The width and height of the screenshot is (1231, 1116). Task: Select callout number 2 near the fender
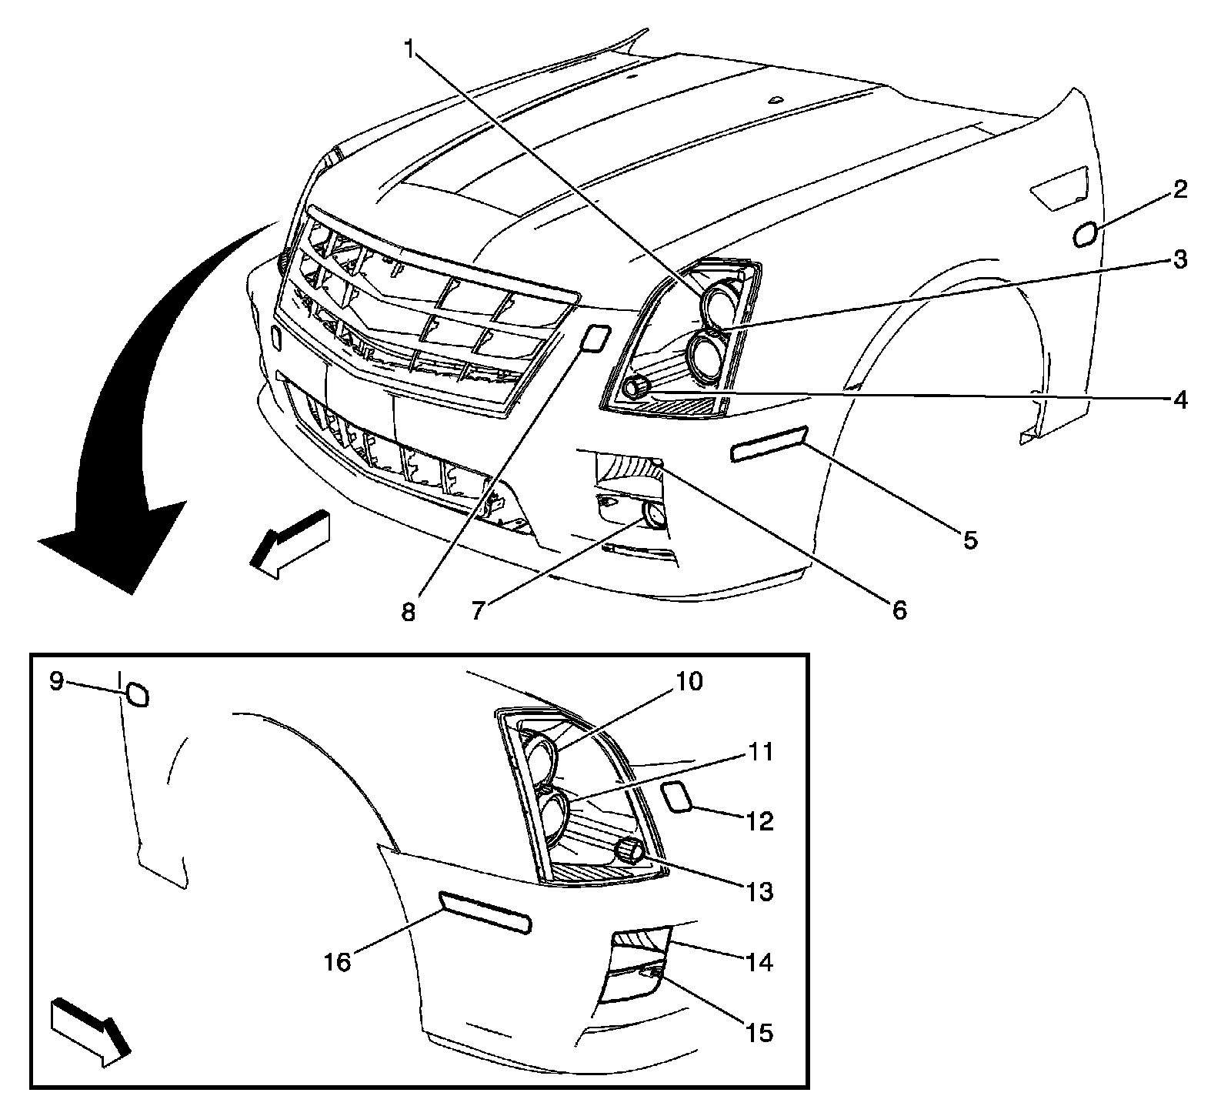tap(1179, 190)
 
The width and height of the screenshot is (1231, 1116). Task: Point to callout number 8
tap(408, 612)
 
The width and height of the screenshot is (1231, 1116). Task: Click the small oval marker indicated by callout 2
tap(1084, 235)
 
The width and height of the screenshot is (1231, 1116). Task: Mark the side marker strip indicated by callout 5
tap(768, 446)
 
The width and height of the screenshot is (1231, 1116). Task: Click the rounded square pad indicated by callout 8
tap(595, 338)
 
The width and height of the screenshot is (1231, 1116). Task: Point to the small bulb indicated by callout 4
tap(636, 387)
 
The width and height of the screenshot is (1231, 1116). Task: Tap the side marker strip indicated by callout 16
tap(485, 912)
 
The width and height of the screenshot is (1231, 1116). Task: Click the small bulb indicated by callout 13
tap(630, 850)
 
